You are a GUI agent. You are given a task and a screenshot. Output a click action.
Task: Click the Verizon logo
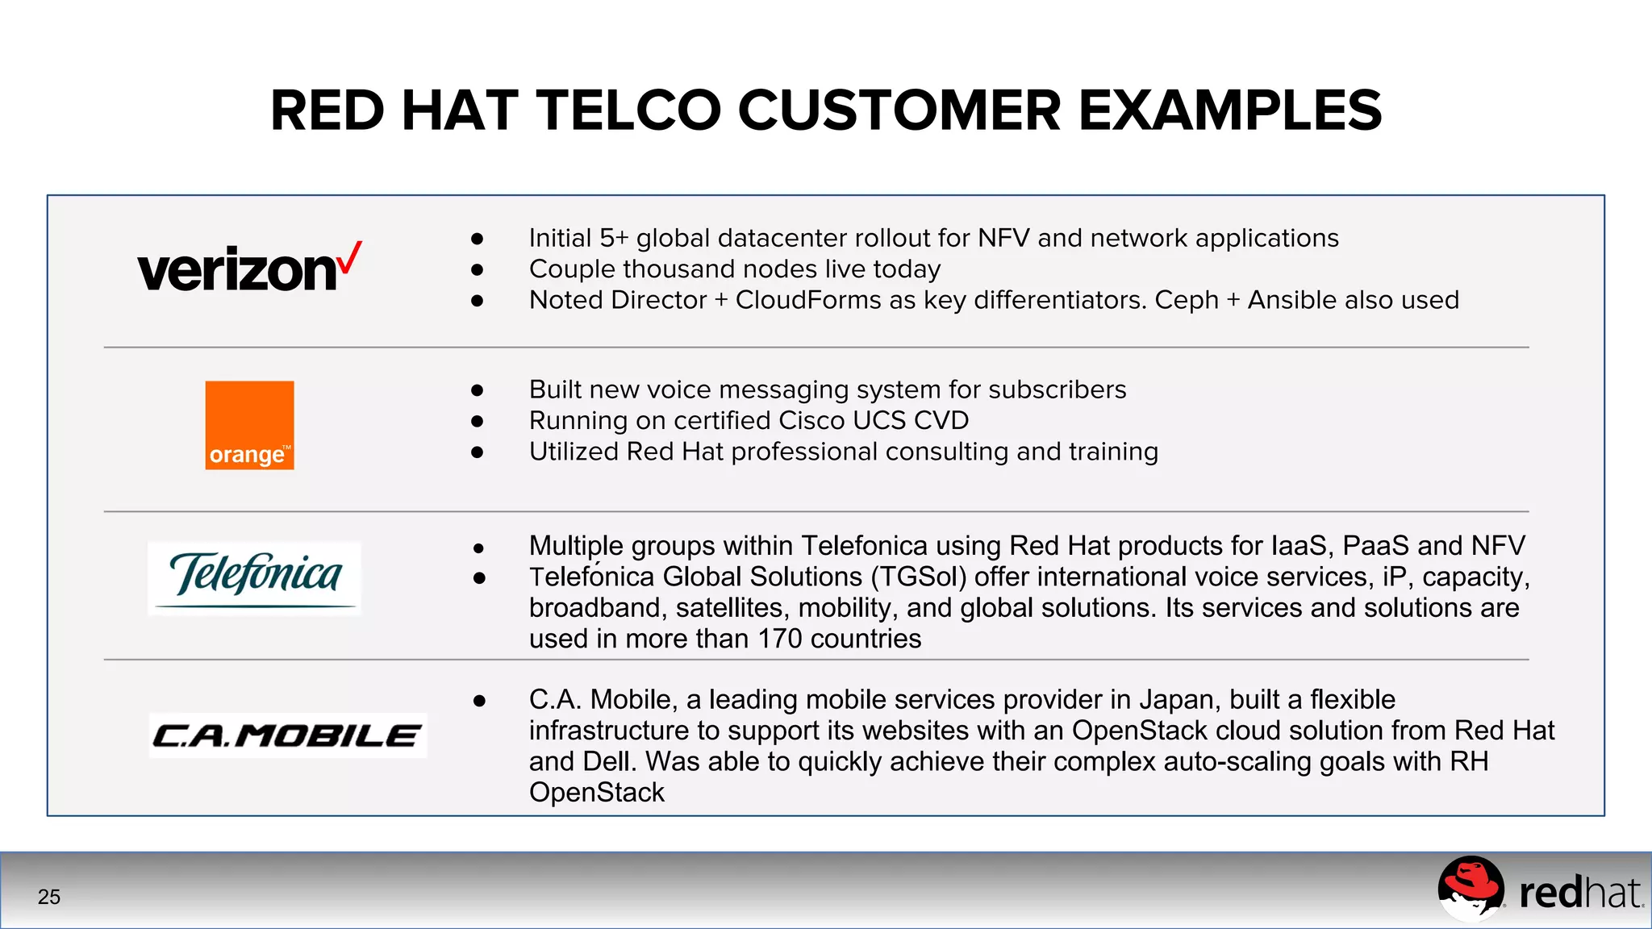tap(248, 269)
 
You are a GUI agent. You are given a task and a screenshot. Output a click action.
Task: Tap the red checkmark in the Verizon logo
tap(350, 257)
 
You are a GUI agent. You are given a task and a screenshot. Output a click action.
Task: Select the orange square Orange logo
tap(249, 425)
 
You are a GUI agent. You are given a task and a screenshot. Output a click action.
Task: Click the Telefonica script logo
tap(255, 577)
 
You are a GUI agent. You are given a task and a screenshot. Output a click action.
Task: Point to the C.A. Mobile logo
tap(287, 735)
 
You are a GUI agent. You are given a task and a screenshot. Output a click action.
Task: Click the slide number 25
tap(49, 897)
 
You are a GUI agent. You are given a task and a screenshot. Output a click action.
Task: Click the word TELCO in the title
tap(628, 110)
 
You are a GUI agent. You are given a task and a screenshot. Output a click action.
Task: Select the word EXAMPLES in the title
tap(1230, 110)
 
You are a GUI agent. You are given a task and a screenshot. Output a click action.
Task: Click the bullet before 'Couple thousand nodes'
tap(478, 269)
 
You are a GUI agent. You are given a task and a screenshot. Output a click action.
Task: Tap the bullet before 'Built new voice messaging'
tap(478, 390)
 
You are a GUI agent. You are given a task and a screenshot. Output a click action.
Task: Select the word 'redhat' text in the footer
tap(1579, 894)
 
